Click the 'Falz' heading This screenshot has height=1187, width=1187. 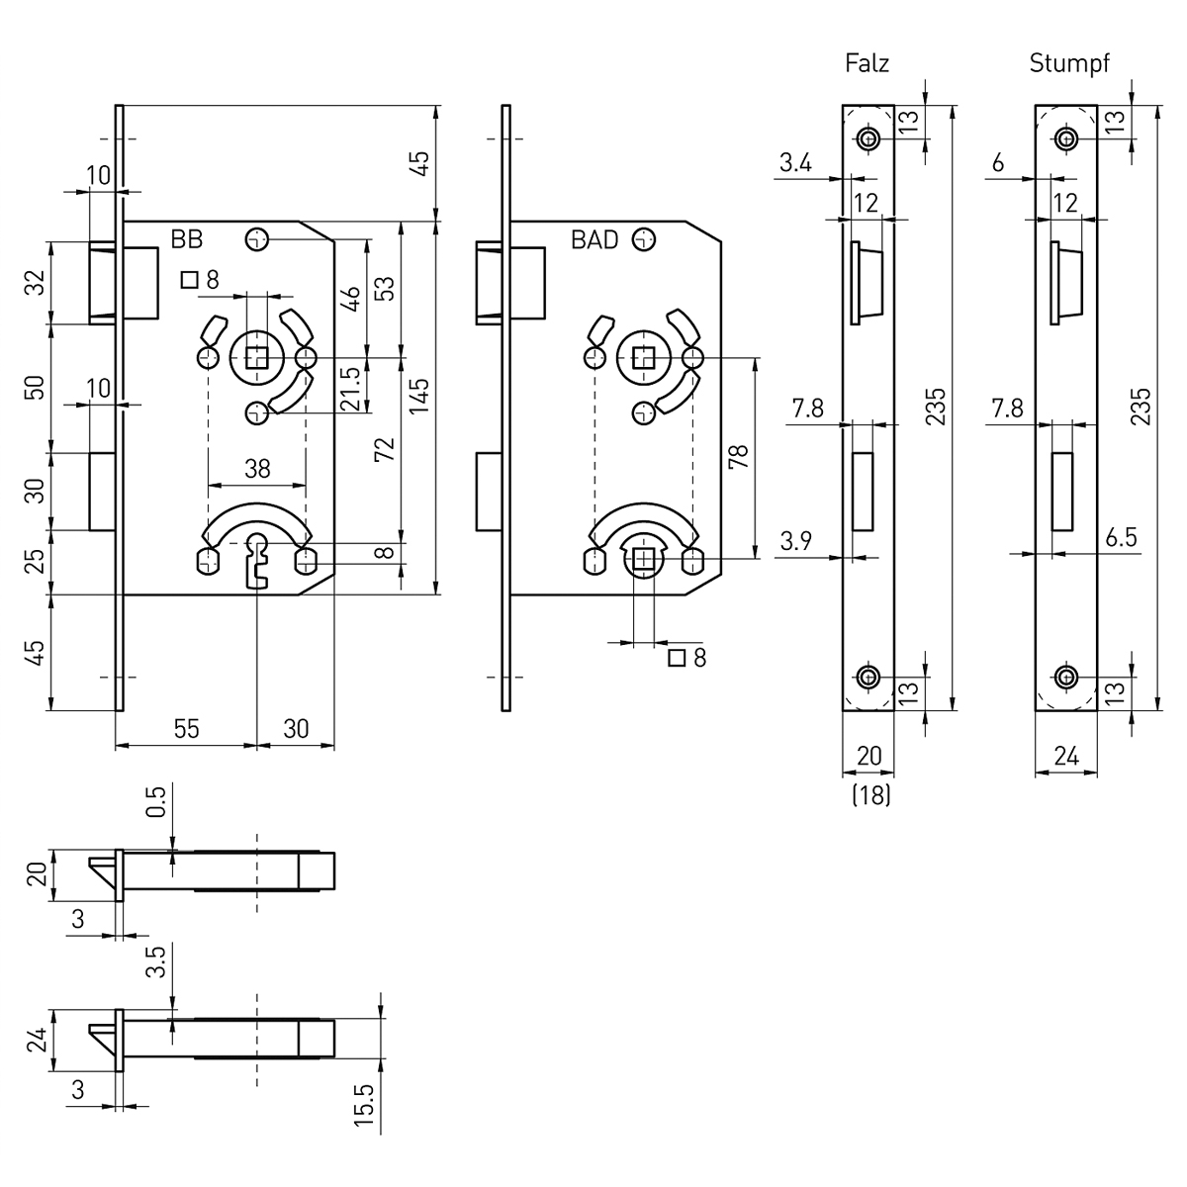(867, 64)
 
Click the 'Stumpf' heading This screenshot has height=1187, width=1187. (1069, 64)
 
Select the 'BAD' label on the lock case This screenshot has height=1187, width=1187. (594, 239)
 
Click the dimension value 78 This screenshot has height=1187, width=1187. (741, 456)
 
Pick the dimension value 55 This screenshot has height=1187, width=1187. (186, 729)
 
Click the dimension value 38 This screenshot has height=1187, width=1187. (256, 469)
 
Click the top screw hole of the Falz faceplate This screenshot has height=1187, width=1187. (868, 138)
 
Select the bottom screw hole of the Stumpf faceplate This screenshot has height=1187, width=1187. (1065, 677)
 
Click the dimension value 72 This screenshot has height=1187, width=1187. (387, 450)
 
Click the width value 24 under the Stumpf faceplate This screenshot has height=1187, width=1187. (1064, 757)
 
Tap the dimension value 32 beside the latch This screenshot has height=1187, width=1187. (37, 283)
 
